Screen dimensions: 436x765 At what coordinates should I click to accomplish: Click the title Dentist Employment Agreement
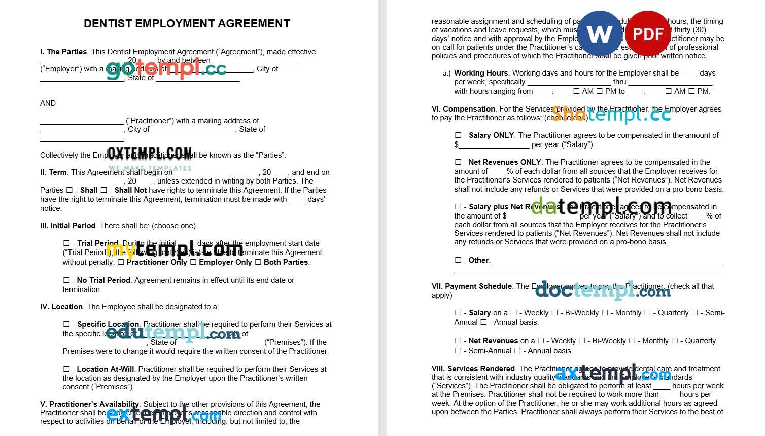tap(187, 23)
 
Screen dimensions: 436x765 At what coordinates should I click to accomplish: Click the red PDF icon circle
tap(648, 34)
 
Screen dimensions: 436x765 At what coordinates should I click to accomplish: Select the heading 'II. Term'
tap(53, 172)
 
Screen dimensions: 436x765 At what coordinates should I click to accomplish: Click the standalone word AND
tap(48, 103)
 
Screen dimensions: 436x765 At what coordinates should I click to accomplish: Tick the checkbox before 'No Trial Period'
tap(66, 280)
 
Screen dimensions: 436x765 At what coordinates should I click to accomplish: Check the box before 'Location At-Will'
tap(66, 369)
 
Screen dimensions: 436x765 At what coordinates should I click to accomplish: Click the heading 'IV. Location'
tap(61, 307)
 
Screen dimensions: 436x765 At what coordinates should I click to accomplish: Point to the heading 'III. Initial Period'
tap(68, 226)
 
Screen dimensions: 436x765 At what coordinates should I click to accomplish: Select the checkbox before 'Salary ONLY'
tap(458, 135)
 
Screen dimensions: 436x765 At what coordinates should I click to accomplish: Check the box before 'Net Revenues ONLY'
tap(458, 162)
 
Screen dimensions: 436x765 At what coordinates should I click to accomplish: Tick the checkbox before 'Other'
tap(458, 260)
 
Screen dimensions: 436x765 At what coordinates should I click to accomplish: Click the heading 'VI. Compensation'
tap(463, 109)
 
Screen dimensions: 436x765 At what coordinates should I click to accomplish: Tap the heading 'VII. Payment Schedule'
tap(472, 286)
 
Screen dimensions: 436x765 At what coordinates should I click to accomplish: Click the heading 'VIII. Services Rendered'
tap(473, 369)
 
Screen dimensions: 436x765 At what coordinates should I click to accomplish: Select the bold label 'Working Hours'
tap(481, 73)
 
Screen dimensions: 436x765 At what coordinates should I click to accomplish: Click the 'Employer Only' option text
tap(225, 262)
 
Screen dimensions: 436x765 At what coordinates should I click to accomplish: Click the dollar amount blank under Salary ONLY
tap(494, 145)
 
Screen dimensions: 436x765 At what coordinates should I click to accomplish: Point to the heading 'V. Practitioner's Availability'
tap(89, 404)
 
